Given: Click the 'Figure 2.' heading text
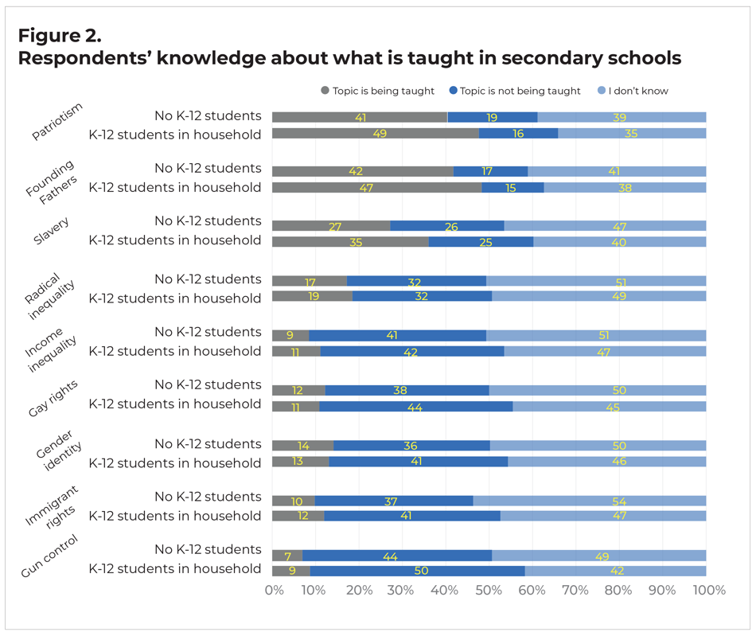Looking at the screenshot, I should pyautogui.click(x=58, y=36).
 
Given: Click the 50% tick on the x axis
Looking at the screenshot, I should pyautogui.click(x=489, y=591).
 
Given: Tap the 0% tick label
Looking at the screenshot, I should pyautogui.click(x=274, y=591).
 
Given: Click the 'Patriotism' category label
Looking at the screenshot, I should pyautogui.click(x=57, y=122).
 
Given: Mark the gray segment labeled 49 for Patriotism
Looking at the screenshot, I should pyautogui.click(x=376, y=134).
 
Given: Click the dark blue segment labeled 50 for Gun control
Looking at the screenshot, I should pyautogui.click(x=417, y=570).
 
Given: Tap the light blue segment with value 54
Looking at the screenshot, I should pyautogui.click(x=589, y=501).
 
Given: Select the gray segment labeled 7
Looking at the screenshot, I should pyautogui.click(x=287, y=555).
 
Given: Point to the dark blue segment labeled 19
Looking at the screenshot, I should pyautogui.click(x=492, y=117).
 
